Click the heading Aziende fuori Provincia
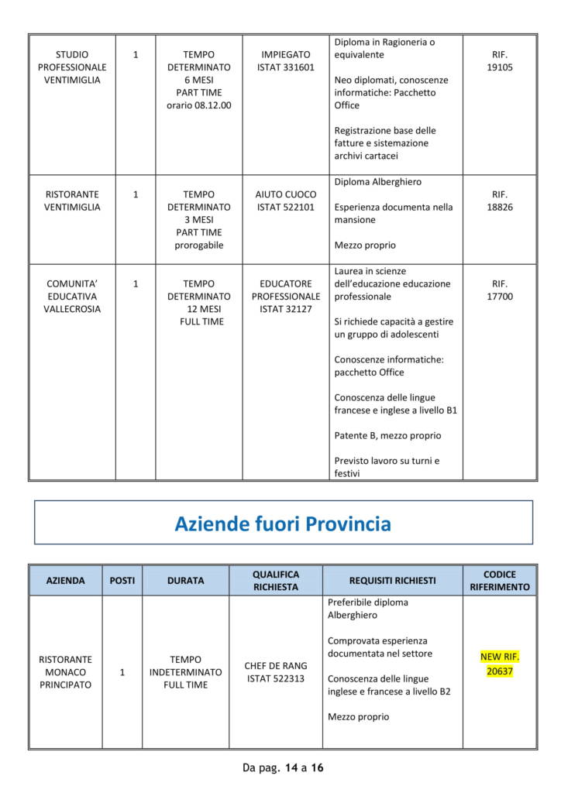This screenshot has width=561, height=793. tap(283, 524)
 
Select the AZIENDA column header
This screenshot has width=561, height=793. tap(66, 581)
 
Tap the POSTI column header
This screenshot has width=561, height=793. tap(122, 581)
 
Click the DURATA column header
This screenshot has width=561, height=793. tap(185, 581)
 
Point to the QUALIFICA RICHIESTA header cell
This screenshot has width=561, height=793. tap(276, 581)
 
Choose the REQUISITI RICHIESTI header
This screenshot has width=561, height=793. tap(392, 581)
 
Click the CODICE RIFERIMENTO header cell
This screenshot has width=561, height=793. tap(500, 581)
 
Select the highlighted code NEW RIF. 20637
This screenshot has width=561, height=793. tap(500, 664)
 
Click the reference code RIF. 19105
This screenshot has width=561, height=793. tap(500, 61)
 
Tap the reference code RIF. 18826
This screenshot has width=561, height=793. tap(500, 201)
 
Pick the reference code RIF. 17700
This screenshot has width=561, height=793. tap(500, 290)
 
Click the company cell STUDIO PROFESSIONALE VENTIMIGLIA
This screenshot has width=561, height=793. tap(72, 67)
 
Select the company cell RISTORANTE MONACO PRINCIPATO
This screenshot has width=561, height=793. tap(66, 672)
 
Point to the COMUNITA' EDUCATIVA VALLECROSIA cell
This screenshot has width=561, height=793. tap(72, 297)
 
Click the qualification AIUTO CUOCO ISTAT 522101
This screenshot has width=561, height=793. tap(286, 201)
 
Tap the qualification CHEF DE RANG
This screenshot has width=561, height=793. tap(276, 666)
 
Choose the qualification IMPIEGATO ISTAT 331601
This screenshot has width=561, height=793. tap(286, 61)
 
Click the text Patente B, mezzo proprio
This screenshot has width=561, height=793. tap(387, 435)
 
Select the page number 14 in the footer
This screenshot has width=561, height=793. tap(291, 768)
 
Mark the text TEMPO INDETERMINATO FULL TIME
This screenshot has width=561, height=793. tap(185, 672)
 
